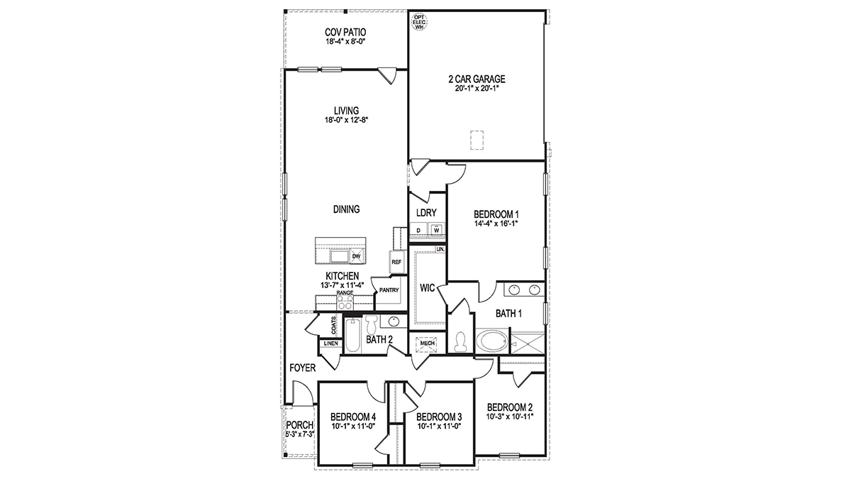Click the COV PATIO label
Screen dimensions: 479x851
345,33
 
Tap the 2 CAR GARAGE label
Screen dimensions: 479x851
476,79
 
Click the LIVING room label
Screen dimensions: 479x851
346,111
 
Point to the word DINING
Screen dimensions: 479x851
346,209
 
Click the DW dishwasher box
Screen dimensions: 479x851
356,256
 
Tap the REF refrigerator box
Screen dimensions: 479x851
396,262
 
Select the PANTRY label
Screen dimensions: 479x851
389,290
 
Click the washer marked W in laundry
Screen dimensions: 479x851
437,230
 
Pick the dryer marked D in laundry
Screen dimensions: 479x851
418,230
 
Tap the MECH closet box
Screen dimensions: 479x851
427,343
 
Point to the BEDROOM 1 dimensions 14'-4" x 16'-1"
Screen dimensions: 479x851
497,224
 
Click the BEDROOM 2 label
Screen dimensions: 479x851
509,407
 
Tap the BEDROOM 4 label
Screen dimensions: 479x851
353,417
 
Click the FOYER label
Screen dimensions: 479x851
302,368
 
